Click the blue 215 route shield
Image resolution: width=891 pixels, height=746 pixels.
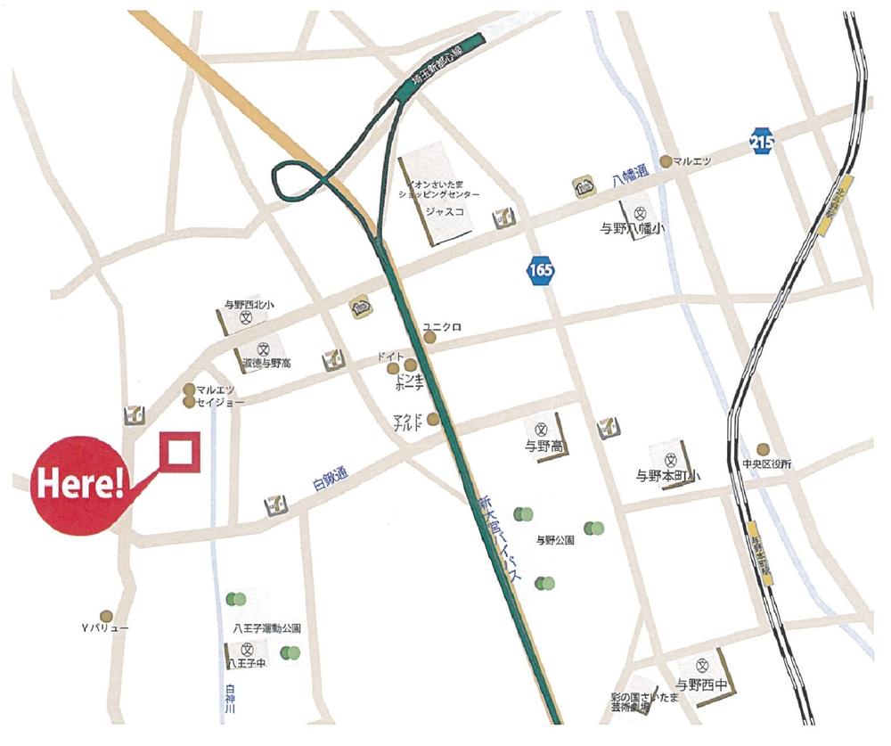point(762,142)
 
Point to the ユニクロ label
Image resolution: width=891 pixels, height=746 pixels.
point(442,326)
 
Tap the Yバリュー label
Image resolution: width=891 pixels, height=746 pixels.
point(105,628)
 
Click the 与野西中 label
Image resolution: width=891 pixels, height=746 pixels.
point(703,685)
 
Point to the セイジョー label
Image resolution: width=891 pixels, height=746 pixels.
point(220,403)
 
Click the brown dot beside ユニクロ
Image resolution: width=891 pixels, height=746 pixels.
point(430,338)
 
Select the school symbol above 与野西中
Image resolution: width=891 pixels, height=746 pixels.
point(702,665)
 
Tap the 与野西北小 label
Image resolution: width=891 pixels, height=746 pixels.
point(245,305)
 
